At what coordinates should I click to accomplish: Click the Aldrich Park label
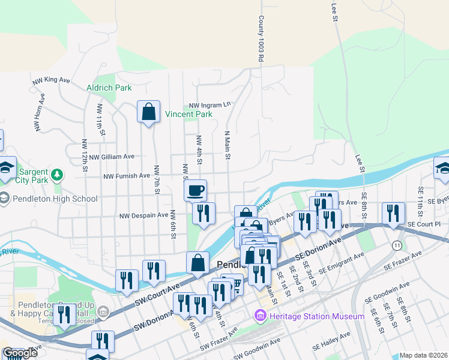(109, 88)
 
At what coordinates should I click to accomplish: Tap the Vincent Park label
(188, 114)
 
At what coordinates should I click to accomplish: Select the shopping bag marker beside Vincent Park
(148, 112)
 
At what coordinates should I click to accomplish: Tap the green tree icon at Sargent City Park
(58, 175)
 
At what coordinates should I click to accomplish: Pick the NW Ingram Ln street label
(209, 104)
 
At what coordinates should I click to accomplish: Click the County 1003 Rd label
(261, 40)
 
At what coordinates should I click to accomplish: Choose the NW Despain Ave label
(143, 215)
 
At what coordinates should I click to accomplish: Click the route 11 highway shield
(397, 245)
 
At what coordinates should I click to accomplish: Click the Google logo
(19, 353)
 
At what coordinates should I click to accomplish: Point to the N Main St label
(228, 146)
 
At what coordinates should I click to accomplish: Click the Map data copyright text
(423, 355)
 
